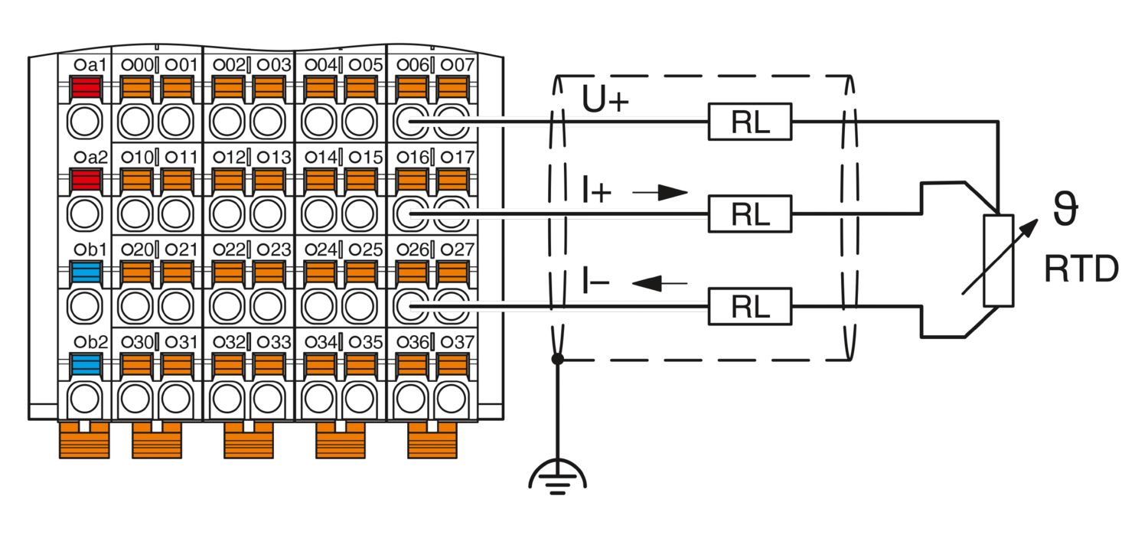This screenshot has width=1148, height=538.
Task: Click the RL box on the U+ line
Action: click(750, 122)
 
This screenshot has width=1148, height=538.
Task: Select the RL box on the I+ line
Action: click(750, 214)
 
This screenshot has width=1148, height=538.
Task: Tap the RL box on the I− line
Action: click(750, 306)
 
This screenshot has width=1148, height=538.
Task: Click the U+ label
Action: click(605, 99)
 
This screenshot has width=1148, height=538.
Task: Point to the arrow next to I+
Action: click(660, 193)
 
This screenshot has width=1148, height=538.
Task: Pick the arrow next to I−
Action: click(660, 283)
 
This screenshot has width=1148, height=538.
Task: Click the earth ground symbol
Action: click(558, 478)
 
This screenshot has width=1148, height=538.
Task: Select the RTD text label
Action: click(1081, 269)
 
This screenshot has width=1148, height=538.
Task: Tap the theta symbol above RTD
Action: click(1066, 208)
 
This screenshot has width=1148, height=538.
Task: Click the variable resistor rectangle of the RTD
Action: click(998, 260)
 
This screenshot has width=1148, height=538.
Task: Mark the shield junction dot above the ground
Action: click(558, 359)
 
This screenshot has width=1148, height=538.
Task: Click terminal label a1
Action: click(91, 65)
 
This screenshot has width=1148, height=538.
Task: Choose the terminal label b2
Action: click(91, 342)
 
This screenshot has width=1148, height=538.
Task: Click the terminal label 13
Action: click(274, 158)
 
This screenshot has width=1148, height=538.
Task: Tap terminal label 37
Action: click(458, 342)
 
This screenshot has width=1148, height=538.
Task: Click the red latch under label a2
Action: click(86, 180)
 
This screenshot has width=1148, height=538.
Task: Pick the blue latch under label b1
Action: click(86, 272)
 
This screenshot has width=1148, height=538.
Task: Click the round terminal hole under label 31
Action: click(176, 398)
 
